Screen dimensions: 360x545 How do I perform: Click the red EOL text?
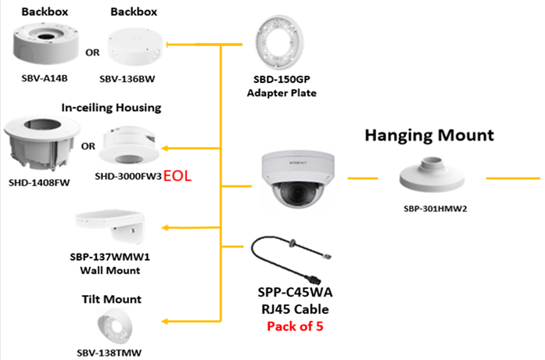point(177,177)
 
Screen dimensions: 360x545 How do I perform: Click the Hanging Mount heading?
point(429,135)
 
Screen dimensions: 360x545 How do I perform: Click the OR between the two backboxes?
point(91,55)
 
